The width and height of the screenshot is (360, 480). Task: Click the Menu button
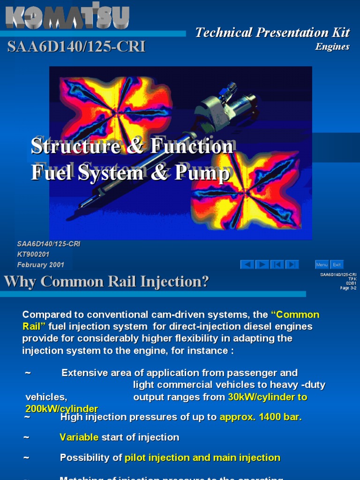point(322,265)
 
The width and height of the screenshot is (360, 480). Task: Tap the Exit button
point(337,265)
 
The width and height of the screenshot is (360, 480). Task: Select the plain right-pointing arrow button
point(262,265)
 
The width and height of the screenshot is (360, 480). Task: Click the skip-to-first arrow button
point(277,265)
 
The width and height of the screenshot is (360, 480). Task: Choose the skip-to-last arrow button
point(292,265)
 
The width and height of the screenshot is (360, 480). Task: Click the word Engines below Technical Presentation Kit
point(332,46)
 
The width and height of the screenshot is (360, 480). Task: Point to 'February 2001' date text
point(41,265)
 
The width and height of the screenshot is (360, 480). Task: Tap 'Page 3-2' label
point(348,288)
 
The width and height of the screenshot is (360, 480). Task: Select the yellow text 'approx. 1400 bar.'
point(261,417)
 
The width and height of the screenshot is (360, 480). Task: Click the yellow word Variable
point(79,437)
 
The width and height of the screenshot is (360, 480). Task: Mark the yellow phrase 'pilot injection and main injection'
point(202,457)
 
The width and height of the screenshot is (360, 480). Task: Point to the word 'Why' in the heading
point(21,282)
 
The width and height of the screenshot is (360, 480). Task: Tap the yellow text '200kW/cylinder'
point(62,408)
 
